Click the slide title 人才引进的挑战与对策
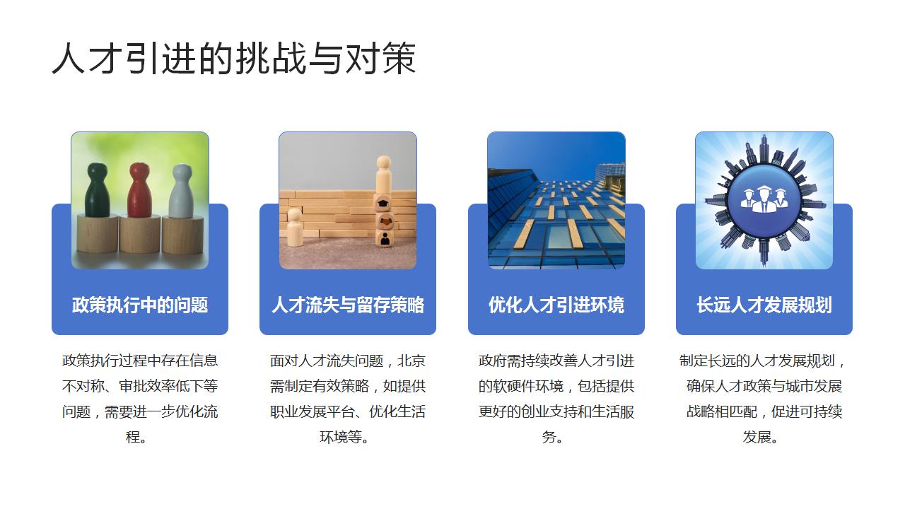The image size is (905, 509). tap(234, 59)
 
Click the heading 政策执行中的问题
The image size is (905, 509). tap(140, 305)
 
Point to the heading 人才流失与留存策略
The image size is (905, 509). tap(348, 305)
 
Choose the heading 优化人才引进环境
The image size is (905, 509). tap(556, 305)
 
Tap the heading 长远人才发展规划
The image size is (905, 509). tap(764, 305)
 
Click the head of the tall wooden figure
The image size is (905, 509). tap(384, 163)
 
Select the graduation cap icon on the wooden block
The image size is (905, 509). tap(383, 204)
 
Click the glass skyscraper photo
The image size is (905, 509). tap(556, 200)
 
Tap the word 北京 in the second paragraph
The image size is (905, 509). tap(411, 361)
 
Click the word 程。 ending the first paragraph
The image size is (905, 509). tap(137, 437)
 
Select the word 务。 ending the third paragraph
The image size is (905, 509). tap(553, 437)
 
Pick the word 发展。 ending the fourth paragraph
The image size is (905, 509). tap(761, 437)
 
